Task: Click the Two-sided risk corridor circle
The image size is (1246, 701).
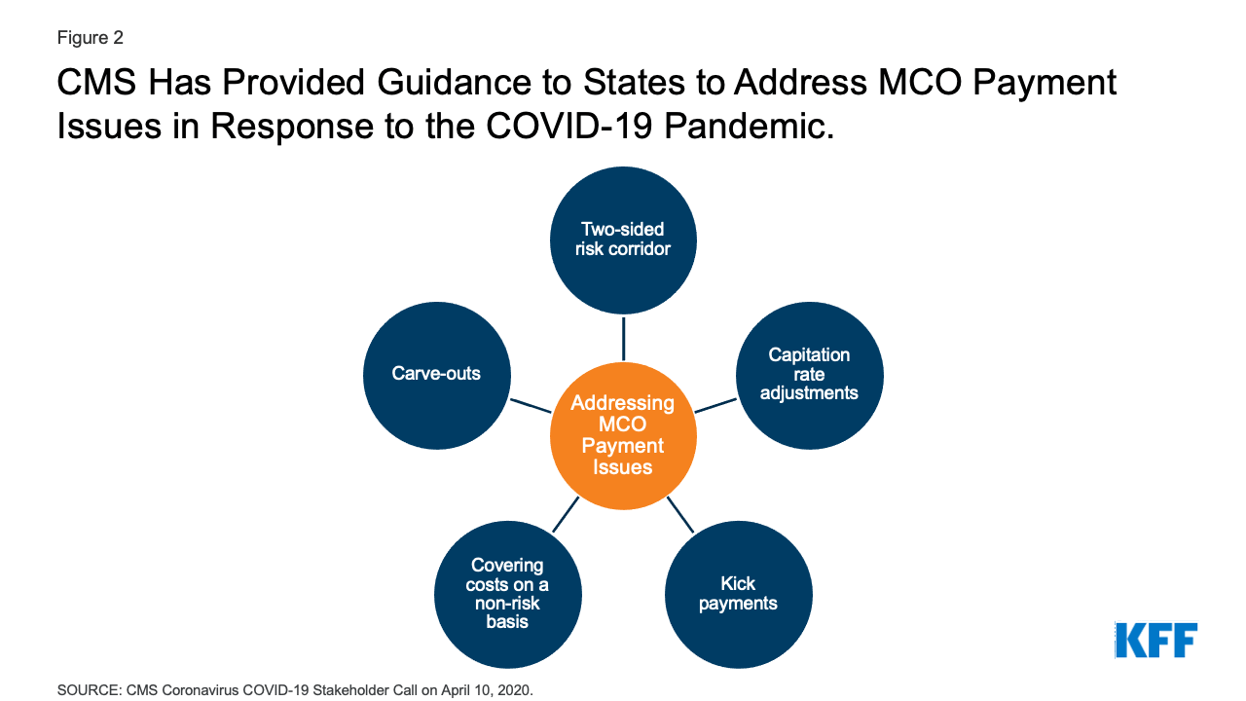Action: [x=623, y=240]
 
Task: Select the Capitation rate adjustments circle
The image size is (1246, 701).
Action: [x=809, y=375]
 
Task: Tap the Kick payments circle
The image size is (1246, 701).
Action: [x=738, y=594]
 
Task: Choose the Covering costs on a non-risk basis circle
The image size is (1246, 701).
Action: [x=507, y=594]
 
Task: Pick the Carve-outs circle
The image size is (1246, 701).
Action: [x=436, y=375]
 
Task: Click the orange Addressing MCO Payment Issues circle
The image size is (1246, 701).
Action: [x=623, y=435]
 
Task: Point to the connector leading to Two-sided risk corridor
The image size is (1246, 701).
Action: [x=623, y=338]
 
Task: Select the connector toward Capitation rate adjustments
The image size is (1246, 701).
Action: [x=715, y=405]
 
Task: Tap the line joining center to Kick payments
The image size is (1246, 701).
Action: [x=680, y=514]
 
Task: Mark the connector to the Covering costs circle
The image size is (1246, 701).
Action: [x=566, y=514]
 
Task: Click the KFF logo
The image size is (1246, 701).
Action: [x=1155, y=640]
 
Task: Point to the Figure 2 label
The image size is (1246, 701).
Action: [x=90, y=38]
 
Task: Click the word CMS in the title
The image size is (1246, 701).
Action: [x=97, y=85]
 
